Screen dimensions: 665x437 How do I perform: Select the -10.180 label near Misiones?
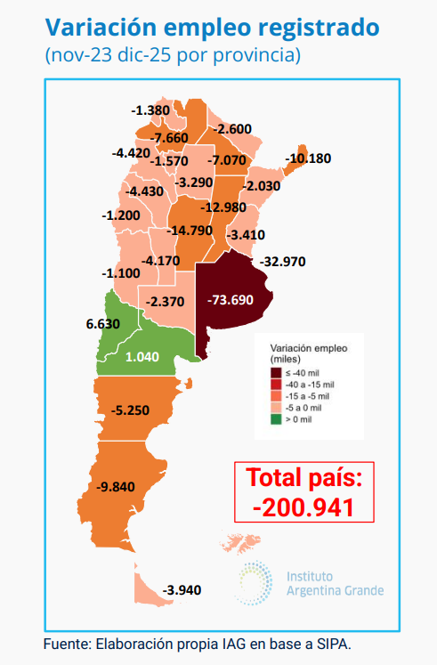click(308, 159)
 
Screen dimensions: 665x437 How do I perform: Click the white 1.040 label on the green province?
click(142, 356)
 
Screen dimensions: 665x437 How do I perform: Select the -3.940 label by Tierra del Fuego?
click(185, 589)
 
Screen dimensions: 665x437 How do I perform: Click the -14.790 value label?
click(190, 230)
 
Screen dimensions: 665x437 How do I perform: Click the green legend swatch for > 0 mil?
click(277, 418)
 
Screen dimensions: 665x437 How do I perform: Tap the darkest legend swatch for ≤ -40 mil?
click(277, 372)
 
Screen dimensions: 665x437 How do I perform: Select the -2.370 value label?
click(166, 301)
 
